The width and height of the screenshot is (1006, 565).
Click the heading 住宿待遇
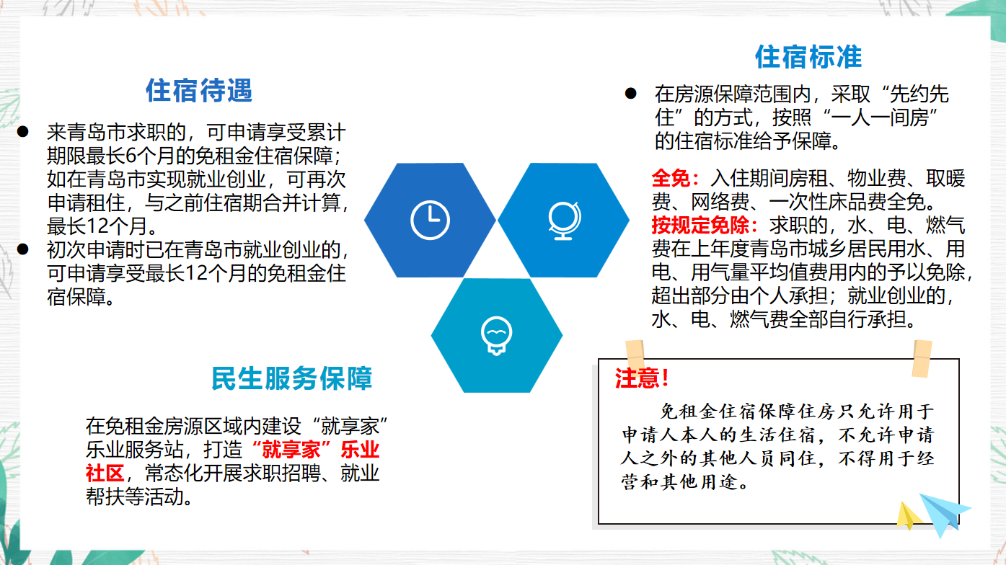pyautogui.click(x=199, y=91)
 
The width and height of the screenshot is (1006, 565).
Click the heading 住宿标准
pyautogui.click(x=808, y=57)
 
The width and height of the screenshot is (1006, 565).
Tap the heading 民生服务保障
pyautogui.click(x=292, y=378)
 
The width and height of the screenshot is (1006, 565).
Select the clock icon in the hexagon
pyautogui.click(x=430, y=220)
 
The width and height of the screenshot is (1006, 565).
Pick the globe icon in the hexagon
pyautogui.click(x=565, y=221)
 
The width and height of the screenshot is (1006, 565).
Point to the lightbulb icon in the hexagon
pyautogui.click(x=496, y=336)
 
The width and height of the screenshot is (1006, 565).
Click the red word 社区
pyautogui.click(x=105, y=473)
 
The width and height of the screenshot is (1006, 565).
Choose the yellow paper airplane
pyautogui.click(x=908, y=516)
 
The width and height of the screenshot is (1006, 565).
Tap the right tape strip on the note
pyautogui.click(x=922, y=359)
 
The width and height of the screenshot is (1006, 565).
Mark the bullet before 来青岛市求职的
pyautogui.click(x=23, y=132)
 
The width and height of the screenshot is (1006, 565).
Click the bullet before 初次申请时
pyautogui.click(x=23, y=249)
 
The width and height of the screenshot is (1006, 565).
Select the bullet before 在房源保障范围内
pyautogui.click(x=630, y=94)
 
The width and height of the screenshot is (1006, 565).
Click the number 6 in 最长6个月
pyautogui.click(x=131, y=156)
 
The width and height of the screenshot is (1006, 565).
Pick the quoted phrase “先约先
pyautogui.click(x=915, y=94)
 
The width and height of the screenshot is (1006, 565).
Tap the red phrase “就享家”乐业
pyautogui.click(x=316, y=449)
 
